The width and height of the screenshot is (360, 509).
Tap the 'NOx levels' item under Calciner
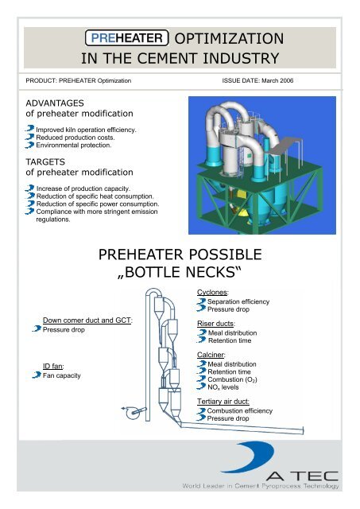click(x=227, y=389)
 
